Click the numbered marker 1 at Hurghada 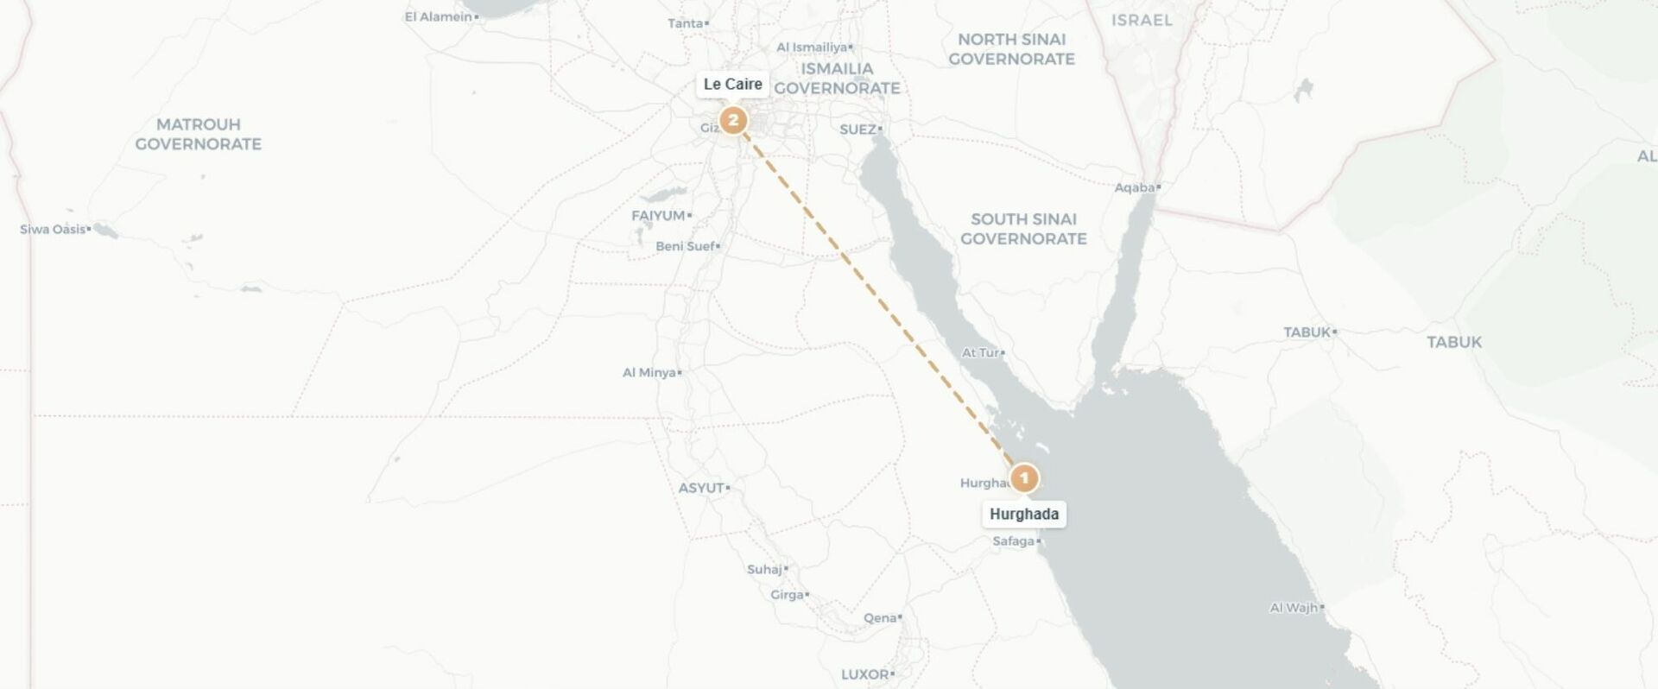coord(1024,477)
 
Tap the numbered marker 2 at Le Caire coord(733,120)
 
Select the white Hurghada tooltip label coord(1024,515)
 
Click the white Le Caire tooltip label coord(732,85)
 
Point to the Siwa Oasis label coord(54,230)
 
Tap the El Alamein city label coord(439,17)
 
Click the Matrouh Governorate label coord(198,134)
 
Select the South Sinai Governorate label coord(1023,229)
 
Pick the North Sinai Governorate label coord(1011,49)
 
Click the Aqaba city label coord(1135,187)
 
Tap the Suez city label coord(858,130)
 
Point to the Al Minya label coord(649,373)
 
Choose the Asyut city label coord(701,488)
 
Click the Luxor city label coord(865,674)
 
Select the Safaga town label coord(1014,541)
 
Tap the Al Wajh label coord(1294,608)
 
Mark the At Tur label coord(980,353)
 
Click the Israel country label coord(1142,20)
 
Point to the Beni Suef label coord(685,247)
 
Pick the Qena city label coord(880,618)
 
